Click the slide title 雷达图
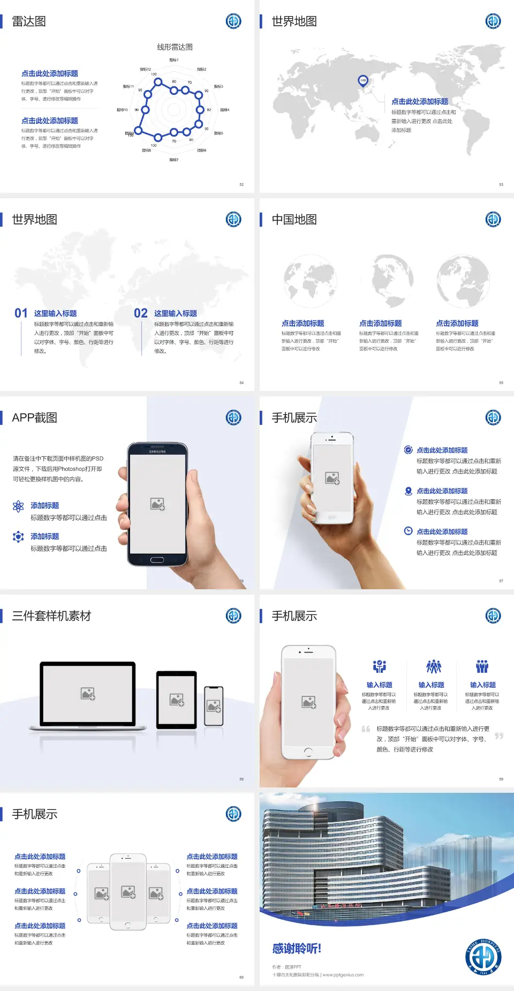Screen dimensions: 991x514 tap(29, 21)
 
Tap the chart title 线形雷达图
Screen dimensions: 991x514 tap(175, 47)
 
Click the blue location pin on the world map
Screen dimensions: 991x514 tap(362, 81)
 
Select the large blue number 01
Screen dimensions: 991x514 tap(21, 313)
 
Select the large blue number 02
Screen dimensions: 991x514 tap(141, 313)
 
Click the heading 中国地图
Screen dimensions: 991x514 tap(294, 220)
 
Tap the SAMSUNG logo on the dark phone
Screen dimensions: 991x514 tap(157, 452)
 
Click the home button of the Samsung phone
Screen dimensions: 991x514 tap(157, 560)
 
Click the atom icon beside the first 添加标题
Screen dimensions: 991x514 tap(18, 506)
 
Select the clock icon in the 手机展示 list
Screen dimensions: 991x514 tap(408, 531)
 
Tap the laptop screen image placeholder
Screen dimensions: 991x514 tap(88, 694)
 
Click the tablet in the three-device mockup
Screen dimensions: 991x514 tap(176, 699)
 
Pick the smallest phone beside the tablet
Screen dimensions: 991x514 tap(214, 706)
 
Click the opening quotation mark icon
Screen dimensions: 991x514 tap(366, 729)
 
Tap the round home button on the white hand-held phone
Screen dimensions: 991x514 tap(308, 752)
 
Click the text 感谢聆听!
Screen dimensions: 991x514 tap(297, 949)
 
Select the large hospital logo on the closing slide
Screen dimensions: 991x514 tap(483, 957)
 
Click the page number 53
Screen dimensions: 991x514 tap(501, 184)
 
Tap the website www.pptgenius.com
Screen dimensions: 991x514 tap(343, 975)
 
